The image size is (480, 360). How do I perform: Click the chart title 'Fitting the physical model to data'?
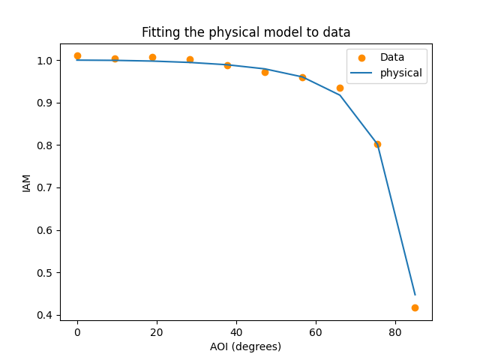coord(246,33)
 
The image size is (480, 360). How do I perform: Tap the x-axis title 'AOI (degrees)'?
coord(246,346)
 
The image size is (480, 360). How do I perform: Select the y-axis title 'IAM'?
coord(27,183)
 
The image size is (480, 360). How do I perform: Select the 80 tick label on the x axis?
coord(395,331)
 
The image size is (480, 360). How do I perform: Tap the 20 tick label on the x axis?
coord(157,331)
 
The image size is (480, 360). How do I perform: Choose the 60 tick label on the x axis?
coord(316,331)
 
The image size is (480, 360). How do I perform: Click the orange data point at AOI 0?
coord(77,55)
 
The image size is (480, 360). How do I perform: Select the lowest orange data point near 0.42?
coord(415,307)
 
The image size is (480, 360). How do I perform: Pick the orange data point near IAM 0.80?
coord(377,144)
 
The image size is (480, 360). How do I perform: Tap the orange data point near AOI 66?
coord(340,88)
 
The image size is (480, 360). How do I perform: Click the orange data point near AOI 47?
coord(265,72)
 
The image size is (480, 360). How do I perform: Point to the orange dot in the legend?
coord(361,58)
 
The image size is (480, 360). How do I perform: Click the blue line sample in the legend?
coord(361,73)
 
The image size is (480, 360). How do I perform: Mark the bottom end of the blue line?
coord(415,295)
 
